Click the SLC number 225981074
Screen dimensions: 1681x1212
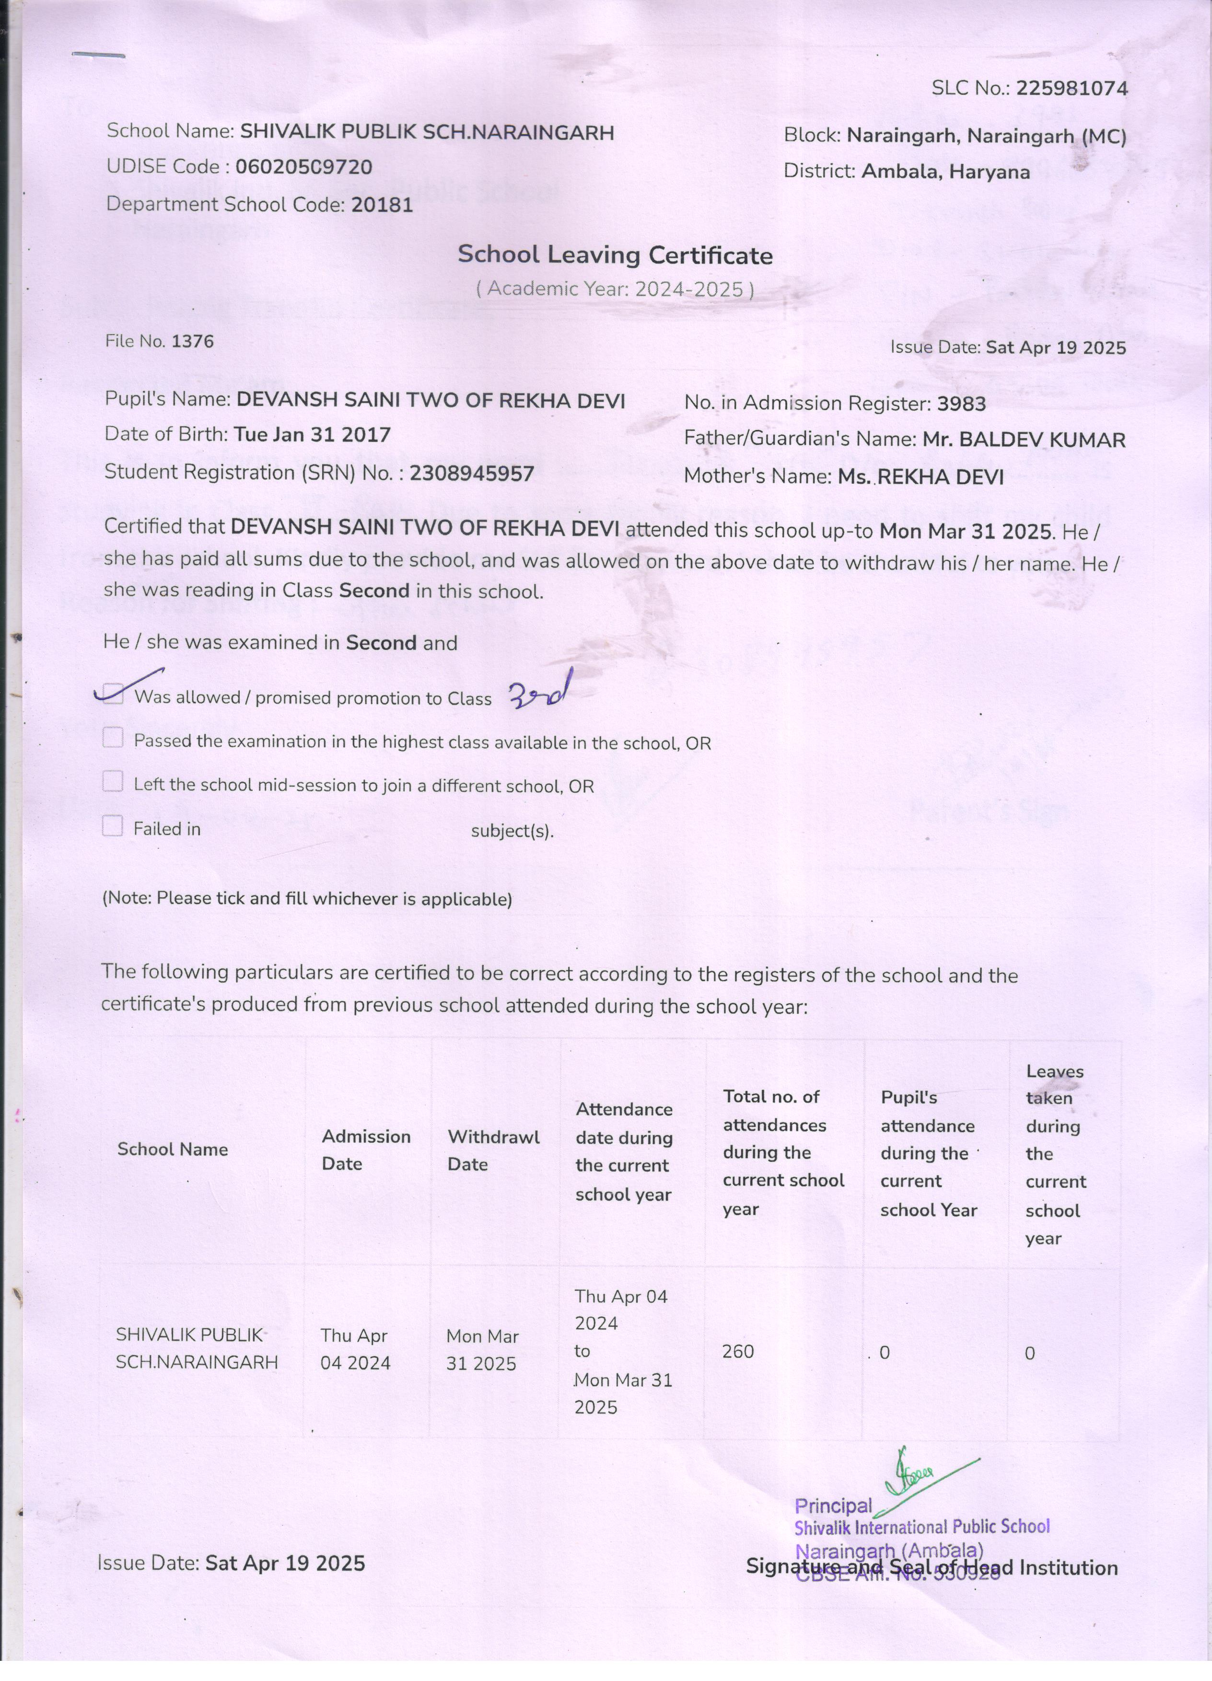tap(1071, 89)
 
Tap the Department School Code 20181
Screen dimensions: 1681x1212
tap(382, 205)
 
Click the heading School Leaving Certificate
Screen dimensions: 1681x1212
tap(615, 255)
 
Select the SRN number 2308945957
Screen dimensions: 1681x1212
tap(471, 473)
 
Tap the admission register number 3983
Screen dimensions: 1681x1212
tap(961, 404)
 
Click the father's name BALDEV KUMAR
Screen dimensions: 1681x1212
tap(1024, 440)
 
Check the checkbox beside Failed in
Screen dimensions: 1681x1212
tap(113, 826)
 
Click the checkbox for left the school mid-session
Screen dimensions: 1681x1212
tap(113, 782)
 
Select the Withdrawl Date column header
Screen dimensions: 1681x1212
tap(493, 1150)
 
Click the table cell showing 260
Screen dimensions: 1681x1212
tap(738, 1351)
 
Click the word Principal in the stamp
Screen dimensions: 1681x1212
tap(833, 1506)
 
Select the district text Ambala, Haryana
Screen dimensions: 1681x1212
tap(945, 172)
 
